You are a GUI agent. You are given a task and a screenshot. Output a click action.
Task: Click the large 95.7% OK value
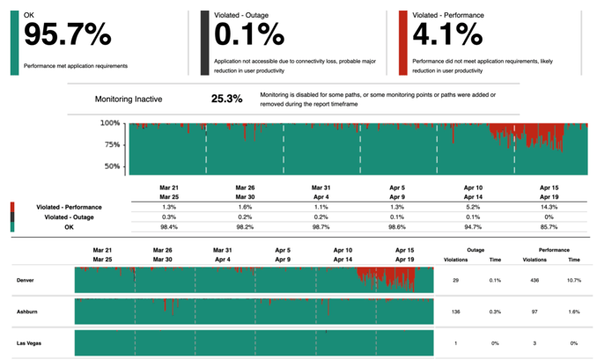[x=67, y=35]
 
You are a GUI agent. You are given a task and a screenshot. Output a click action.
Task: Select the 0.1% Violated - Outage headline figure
[x=249, y=35]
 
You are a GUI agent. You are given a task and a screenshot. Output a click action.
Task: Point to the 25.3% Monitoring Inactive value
[x=226, y=99]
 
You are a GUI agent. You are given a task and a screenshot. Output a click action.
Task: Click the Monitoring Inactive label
[x=129, y=99]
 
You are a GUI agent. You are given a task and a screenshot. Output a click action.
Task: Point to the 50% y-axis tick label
[x=112, y=165]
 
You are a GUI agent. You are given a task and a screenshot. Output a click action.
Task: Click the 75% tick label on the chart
[x=112, y=144]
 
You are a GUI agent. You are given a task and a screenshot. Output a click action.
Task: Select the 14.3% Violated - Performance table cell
[x=548, y=206]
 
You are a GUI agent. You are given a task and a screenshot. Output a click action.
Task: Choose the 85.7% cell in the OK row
[x=548, y=227]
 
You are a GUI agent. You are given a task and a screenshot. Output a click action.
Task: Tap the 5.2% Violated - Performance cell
[x=472, y=206]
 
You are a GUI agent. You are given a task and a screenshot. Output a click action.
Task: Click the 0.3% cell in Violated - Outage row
[x=168, y=217]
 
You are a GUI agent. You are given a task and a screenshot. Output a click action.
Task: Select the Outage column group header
[x=475, y=250]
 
